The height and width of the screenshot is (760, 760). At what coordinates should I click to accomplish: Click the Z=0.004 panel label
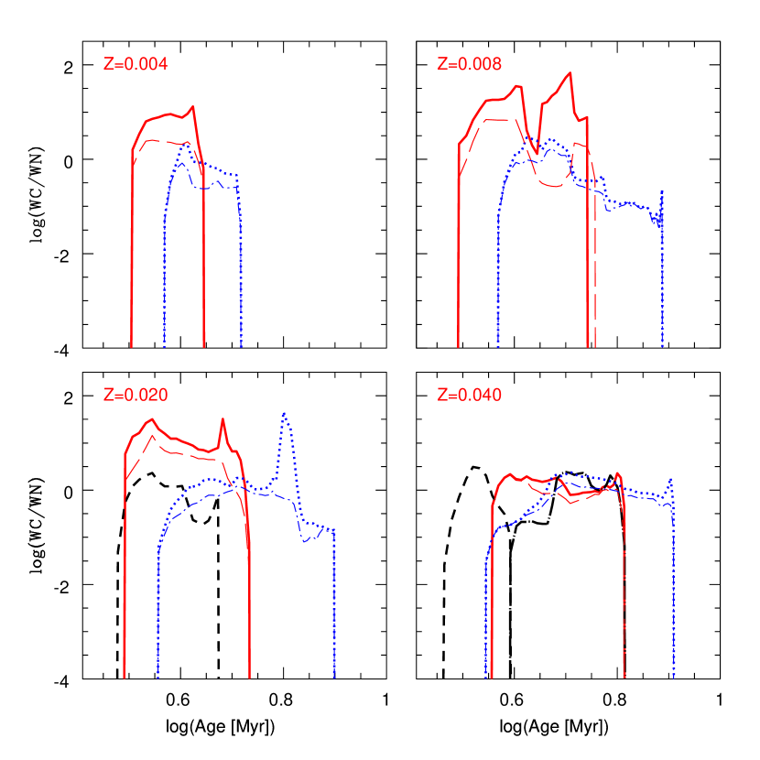[x=135, y=64]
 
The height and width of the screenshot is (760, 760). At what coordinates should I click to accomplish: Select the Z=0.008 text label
[x=469, y=64]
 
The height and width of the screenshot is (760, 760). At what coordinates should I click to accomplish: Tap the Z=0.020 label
[x=135, y=396]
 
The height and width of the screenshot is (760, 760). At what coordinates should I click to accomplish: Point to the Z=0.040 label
[x=469, y=396]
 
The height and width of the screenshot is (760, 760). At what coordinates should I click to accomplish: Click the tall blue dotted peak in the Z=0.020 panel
[x=285, y=413]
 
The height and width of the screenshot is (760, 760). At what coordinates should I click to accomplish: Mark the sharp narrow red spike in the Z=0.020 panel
[x=223, y=419]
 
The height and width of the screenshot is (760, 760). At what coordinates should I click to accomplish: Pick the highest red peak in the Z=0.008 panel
[x=570, y=72]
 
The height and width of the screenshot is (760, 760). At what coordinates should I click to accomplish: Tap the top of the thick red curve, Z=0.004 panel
[x=192, y=107]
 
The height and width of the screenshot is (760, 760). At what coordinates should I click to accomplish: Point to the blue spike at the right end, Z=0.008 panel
[x=661, y=192]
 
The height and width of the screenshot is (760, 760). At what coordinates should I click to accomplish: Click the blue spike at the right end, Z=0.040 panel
[x=672, y=479]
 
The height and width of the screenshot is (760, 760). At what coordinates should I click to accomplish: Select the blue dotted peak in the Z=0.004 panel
[x=186, y=143]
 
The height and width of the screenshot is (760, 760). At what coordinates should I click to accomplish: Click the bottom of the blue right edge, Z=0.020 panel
[x=334, y=676]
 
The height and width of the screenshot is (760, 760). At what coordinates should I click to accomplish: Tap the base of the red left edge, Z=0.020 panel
[x=125, y=676]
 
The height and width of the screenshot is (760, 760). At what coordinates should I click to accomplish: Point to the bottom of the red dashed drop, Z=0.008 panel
[x=595, y=344]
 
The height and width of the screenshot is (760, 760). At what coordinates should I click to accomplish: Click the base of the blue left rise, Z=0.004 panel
[x=164, y=344]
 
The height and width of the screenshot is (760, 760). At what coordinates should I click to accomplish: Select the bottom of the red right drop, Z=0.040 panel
[x=624, y=676]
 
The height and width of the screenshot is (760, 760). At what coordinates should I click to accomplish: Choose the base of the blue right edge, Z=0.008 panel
[x=662, y=344]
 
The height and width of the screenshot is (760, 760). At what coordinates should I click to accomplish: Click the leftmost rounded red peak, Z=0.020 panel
[x=152, y=419]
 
